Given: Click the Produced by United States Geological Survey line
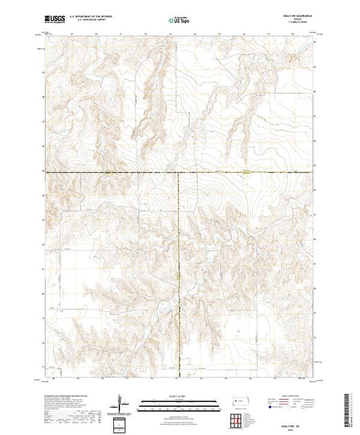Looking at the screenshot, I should coord(69,391).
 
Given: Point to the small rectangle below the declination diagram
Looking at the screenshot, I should coord(121,423).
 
